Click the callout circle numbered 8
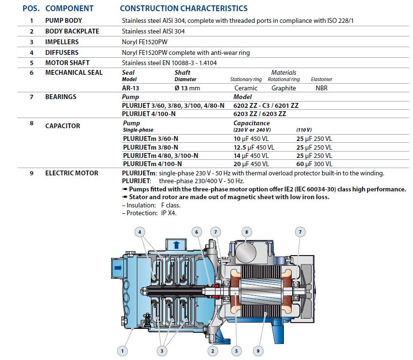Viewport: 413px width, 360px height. [x=247, y=232]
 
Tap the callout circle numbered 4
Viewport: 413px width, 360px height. [x=140, y=232]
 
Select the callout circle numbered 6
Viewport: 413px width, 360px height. [x=197, y=232]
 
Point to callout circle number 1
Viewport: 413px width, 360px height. [x=122, y=351]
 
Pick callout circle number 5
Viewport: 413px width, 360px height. [x=236, y=351]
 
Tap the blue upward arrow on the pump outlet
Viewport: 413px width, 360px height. [x=176, y=245]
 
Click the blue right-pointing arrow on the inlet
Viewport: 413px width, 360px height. [x=118, y=268]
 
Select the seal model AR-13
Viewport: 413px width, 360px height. [x=131, y=88]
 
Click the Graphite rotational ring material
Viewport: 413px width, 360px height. [x=284, y=88]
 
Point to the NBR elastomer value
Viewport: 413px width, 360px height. [x=322, y=88]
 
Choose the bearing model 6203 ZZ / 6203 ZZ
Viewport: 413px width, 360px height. [x=260, y=114]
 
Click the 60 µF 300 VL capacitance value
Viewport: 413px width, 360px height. [x=314, y=164]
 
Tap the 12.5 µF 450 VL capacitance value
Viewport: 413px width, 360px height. [x=254, y=147]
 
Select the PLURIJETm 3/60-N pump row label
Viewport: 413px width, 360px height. [x=150, y=139]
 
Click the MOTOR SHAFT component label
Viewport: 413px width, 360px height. [x=67, y=63]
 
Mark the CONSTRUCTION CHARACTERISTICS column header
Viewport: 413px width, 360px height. [x=184, y=8]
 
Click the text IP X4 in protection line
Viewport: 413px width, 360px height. [x=168, y=213]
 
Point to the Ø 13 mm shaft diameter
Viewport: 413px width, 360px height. [x=187, y=88]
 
